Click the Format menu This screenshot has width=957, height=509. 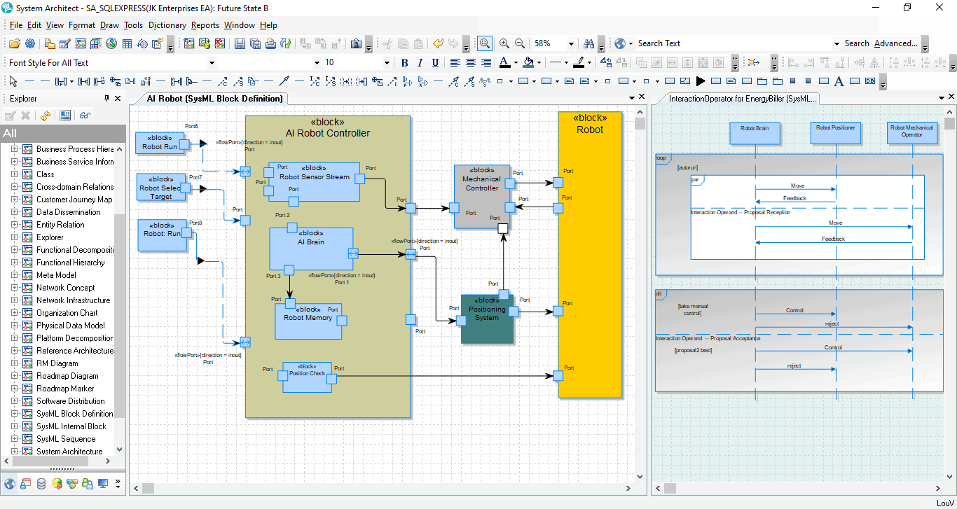81,25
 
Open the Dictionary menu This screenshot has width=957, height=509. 167,25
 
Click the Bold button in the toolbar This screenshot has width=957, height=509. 404,63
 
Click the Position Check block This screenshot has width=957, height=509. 307,377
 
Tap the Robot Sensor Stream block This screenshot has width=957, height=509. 314,181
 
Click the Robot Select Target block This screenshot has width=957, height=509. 160,193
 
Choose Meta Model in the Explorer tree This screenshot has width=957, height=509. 56,275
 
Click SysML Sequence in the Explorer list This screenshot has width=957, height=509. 66,439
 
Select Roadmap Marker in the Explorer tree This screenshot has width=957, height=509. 65,389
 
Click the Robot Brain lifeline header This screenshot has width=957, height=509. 755,133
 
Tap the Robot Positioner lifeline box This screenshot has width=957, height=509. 835,132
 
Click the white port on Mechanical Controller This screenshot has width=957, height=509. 502,228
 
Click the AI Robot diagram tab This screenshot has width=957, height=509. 214,99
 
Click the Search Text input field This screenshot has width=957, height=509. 732,43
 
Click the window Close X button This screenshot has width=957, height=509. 939,8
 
